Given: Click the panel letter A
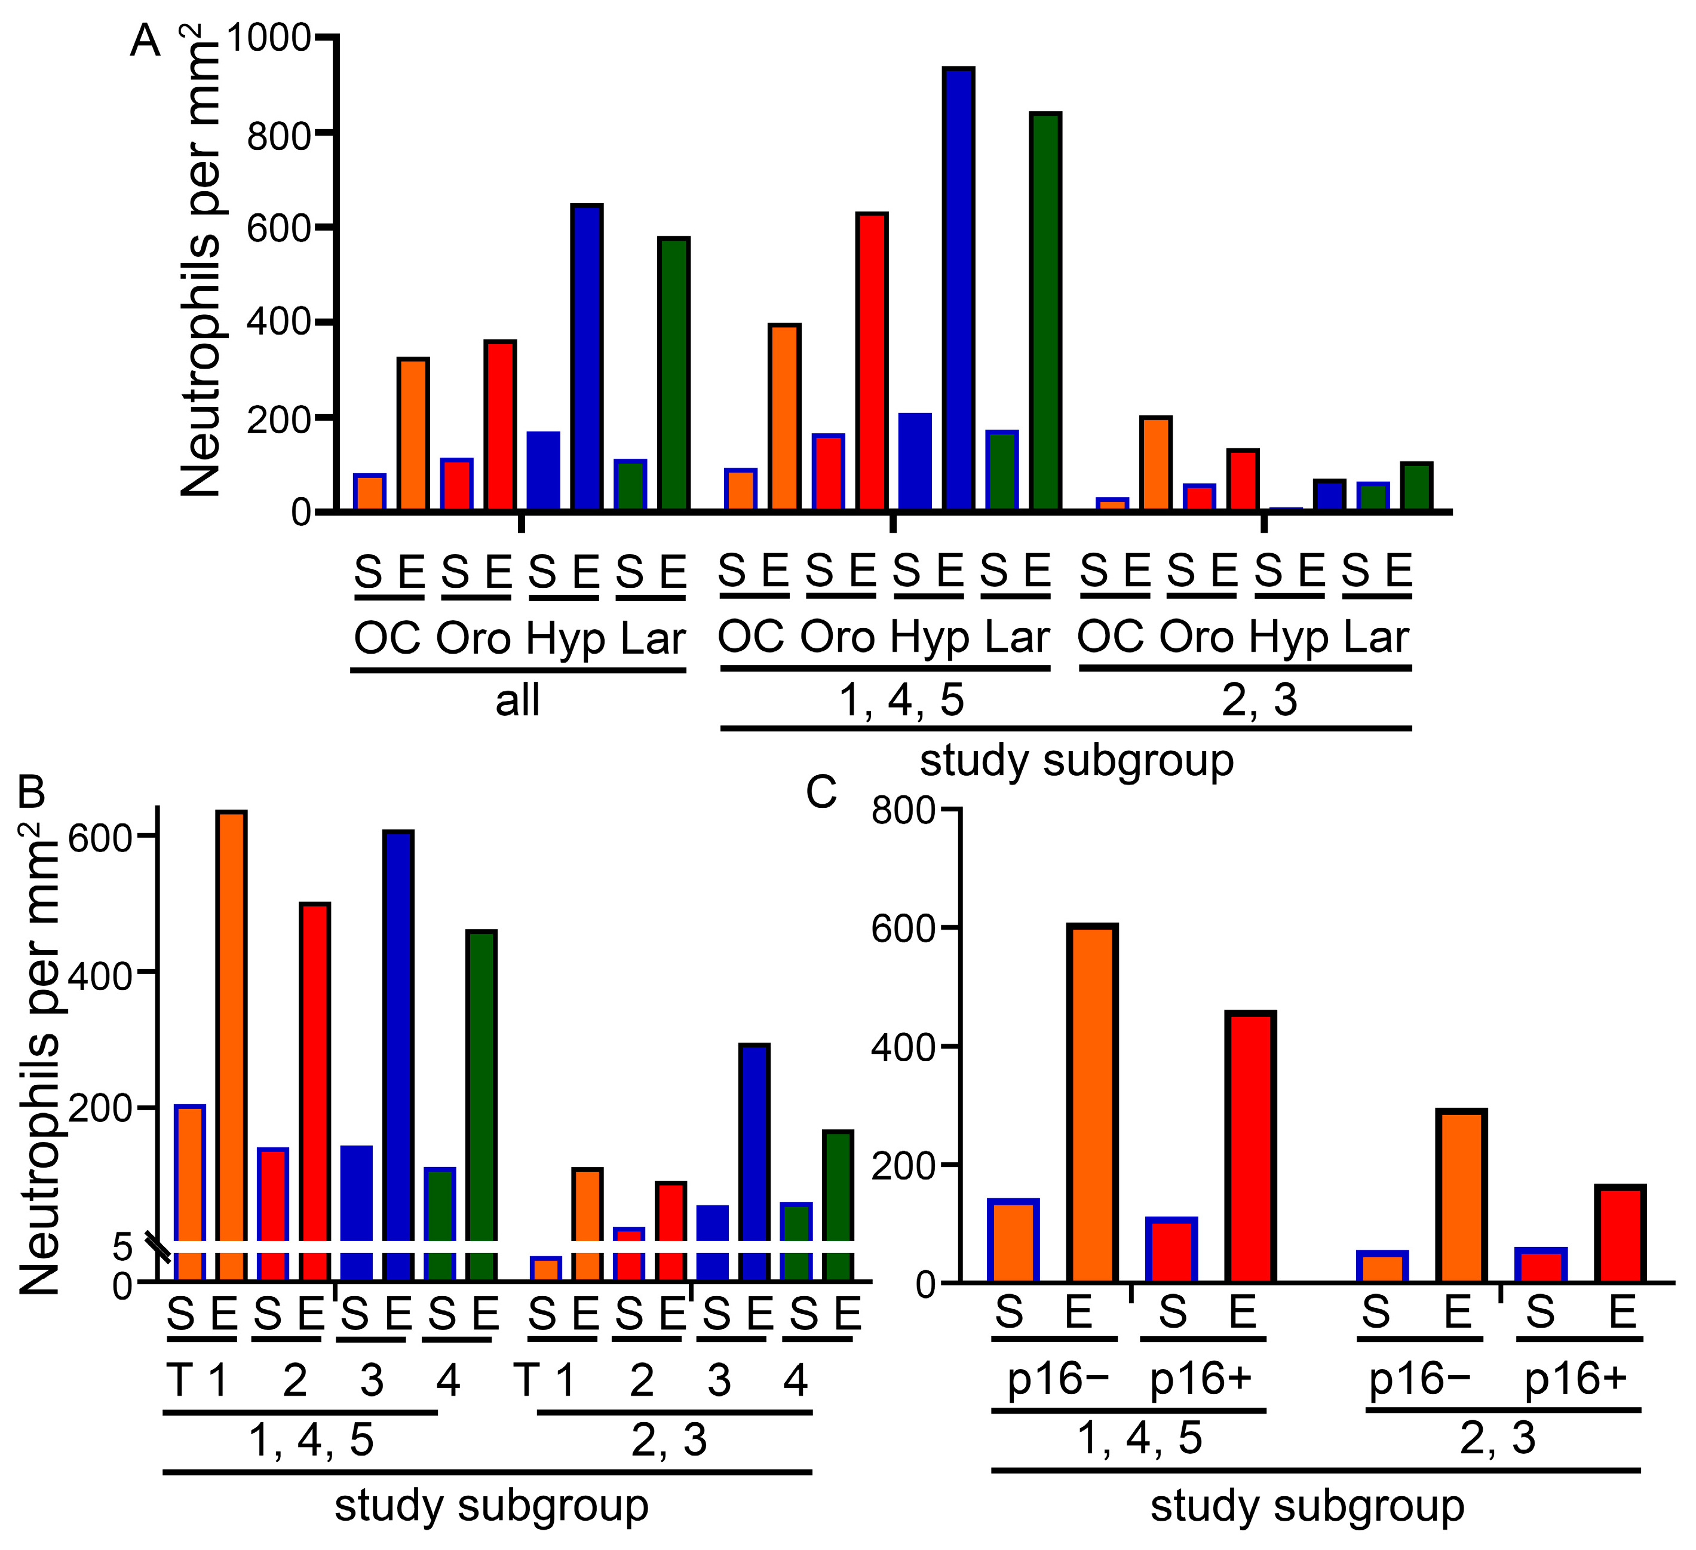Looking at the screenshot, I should pyautogui.click(x=145, y=41).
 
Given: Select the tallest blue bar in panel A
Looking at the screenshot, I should pyautogui.click(x=958, y=289).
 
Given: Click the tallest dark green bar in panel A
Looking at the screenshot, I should pyautogui.click(x=1045, y=311).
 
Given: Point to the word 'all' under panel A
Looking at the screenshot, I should pyautogui.click(x=517, y=700).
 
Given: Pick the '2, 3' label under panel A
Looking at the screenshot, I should pyautogui.click(x=1259, y=700).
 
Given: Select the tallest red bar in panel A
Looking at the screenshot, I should pyautogui.click(x=872, y=362).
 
